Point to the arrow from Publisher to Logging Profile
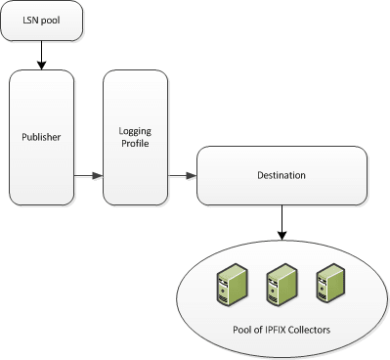click(90, 176)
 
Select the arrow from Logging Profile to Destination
click(183, 176)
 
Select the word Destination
click(282, 175)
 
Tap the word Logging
click(135, 130)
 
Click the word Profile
click(135, 144)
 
